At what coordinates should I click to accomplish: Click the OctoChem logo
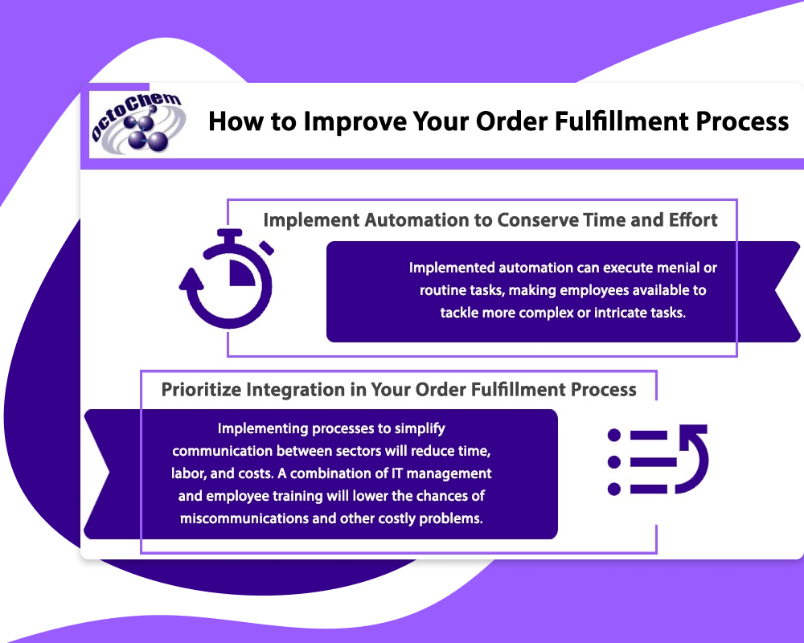138,123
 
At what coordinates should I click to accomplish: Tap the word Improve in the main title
355,122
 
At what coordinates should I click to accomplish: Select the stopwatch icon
227,278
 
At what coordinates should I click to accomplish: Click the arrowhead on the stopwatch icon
191,281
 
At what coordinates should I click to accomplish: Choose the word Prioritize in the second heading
201,390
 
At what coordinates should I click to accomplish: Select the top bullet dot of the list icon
613,436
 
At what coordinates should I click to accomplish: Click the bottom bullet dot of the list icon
613,489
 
